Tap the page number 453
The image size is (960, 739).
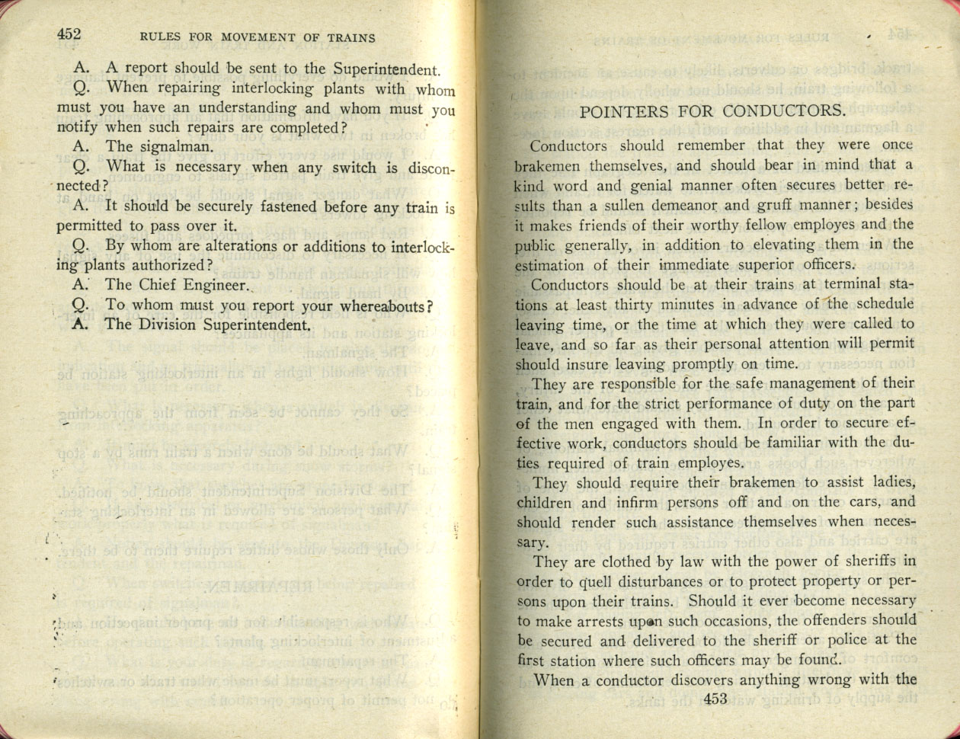pyautogui.click(x=717, y=699)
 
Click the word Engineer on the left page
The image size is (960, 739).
pyautogui.click(x=216, y=286)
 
